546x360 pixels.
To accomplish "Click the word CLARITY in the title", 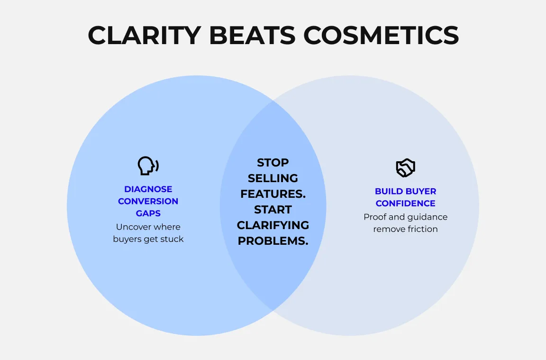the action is pos(145,35).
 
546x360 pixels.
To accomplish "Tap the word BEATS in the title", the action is pos(252,35).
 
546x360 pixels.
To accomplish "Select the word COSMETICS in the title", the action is pos(381,35).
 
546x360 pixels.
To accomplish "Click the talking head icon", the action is pos(148,166).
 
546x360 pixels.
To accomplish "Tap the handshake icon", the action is pos(406,167).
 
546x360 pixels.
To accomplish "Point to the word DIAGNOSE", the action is pos(148,189).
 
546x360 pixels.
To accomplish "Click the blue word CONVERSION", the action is pos(148,201).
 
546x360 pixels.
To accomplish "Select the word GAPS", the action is pos(148,213).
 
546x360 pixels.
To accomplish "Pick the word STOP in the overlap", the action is pos(273,163).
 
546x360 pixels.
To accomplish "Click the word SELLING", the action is pos(273,178).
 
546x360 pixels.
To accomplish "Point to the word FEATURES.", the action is pos(273,194).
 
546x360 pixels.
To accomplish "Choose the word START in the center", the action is pos(273,210).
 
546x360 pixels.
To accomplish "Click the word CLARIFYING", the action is pos(273,225).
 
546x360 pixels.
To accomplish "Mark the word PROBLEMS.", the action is pos(273,241).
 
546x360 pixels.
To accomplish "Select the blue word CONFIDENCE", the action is pos(406,203).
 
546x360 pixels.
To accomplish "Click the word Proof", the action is pos(375,217).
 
